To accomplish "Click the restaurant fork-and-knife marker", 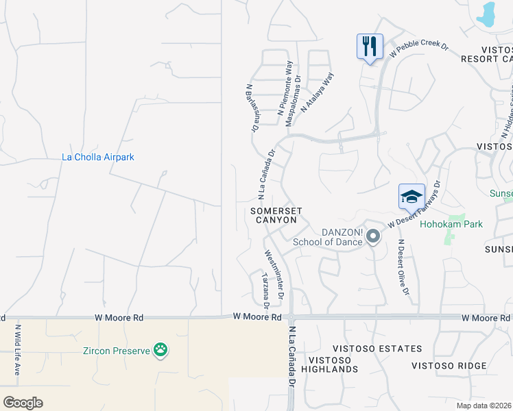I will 370,47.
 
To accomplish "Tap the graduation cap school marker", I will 411,197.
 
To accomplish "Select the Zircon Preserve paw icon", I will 160,350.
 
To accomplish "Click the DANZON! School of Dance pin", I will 373,237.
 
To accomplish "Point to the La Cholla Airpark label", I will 98,157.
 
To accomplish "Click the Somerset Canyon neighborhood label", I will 274,215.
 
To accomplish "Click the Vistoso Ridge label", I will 449,366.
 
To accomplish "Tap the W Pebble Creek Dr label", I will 418,49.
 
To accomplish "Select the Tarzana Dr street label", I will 265,289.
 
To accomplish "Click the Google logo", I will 23,403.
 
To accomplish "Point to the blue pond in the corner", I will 488,13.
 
